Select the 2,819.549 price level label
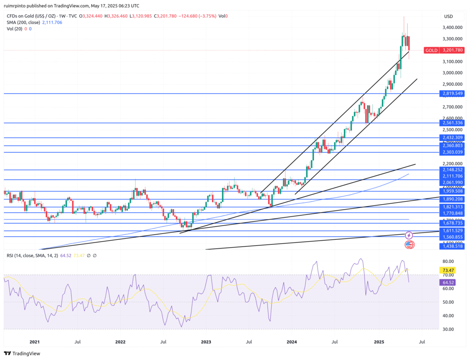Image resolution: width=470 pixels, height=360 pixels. tap(453, 94)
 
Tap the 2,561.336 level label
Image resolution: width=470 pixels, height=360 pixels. tap(453, 123)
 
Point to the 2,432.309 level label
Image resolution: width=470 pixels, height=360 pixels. tap(453, 138)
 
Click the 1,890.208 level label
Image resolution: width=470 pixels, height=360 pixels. tap(453, 199)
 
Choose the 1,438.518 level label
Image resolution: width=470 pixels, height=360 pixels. tap(453, 246)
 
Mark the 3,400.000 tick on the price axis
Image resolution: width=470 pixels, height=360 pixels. tap(453, 28)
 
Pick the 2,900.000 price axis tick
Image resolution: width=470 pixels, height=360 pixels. tap(453, 84)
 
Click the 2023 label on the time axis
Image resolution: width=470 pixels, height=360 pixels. tap(206, 342)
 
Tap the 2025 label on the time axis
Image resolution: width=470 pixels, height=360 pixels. tap(379, 342)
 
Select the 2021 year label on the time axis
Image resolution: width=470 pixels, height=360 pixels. tap(34, 342)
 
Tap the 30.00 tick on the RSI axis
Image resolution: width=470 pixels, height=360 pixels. tap(449, 329)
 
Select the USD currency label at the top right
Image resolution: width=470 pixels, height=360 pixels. tap(448, 17)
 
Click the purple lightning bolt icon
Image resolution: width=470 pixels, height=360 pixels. tap(409, 235)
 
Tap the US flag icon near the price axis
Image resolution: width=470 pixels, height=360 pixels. tap(409, 244)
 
